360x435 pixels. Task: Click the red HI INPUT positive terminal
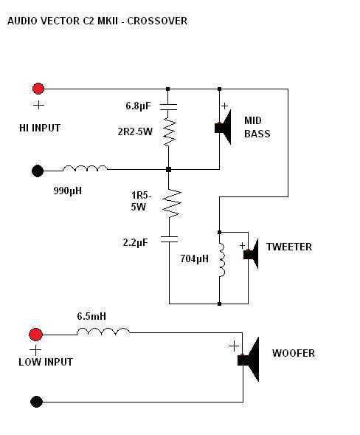pos(38,89)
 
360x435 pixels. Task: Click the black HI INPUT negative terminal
pos(38,171)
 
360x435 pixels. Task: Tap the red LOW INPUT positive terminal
pos(35,335)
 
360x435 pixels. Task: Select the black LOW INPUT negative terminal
pos(36,402)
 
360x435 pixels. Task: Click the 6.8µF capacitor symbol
pos(168,107)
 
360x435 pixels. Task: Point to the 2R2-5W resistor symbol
pos(169,131)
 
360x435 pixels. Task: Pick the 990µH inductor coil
pos(85,168)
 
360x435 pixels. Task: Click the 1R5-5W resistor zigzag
pos(172,203)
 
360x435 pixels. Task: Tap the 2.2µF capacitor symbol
pos(169,239)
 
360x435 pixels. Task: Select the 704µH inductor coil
pos(222,260)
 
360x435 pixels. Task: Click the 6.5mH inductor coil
pos(103,332)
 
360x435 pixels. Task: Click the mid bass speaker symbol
pos(223,127)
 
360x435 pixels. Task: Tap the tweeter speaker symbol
pos(251,254)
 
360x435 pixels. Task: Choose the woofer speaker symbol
pos(249,360)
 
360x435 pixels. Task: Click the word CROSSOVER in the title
pos(157,21)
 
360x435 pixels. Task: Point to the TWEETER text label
pos(289,247)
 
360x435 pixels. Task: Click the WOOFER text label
pos(294,353)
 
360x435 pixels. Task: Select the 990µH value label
pos(68,191)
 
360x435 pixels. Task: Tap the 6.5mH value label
pos(91,316)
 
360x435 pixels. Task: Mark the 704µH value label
pos(194,258)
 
